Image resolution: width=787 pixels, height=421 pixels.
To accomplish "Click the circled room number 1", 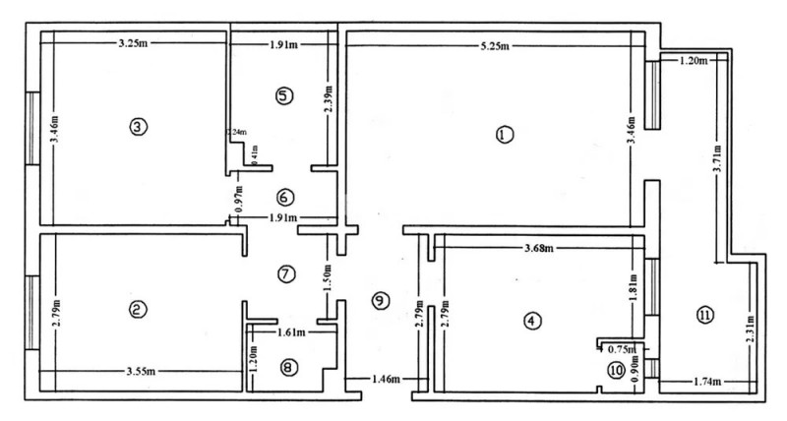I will tap(505, 136).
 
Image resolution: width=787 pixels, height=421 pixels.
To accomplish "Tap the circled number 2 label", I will tap(138, 310).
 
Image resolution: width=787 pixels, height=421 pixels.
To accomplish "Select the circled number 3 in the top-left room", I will tap(138, 127).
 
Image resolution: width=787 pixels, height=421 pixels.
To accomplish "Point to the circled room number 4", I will tap(531, 321).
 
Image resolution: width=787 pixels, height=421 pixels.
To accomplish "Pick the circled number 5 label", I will tap(284, 96).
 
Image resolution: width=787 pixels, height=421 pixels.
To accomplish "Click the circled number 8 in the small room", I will tap(286, 367).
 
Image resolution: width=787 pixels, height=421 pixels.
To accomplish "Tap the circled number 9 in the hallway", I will tap(379, 301).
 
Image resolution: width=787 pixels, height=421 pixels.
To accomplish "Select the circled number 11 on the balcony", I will tap(704, 315).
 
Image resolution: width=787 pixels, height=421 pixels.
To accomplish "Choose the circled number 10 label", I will tap(616, 370).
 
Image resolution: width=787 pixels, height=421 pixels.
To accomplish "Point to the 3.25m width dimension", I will tap(133, 44).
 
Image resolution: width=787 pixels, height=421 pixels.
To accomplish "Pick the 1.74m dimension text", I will tap(705, 380).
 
